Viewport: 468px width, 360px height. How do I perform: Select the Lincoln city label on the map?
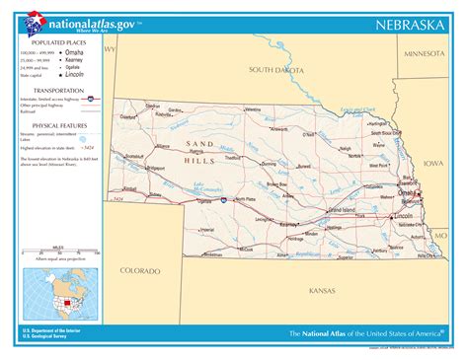(403, 215)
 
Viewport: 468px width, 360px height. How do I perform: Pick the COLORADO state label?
(139, 269)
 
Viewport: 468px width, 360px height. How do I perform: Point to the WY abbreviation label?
(111, 48)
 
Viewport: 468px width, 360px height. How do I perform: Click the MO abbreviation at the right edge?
(440, 237)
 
